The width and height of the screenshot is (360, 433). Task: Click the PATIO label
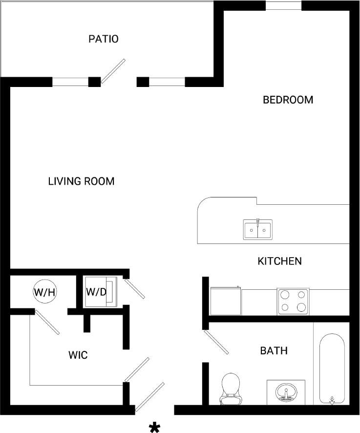click(103, 39)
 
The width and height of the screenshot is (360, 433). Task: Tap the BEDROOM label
click(288, 100)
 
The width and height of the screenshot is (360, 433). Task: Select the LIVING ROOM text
click(81, 181)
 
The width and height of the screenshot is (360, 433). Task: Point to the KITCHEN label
click(279, 261)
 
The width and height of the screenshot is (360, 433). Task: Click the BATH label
click(274, 350)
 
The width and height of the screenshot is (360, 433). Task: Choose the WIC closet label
click(78, 355)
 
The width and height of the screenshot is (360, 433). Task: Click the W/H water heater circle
click(45, 292)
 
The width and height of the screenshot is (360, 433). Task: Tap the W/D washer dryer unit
click(101, 292)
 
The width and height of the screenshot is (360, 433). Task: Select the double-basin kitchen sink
click(258, 229)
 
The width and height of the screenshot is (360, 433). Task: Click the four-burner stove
click(293, 301)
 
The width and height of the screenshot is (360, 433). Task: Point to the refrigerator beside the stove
click(225, 301)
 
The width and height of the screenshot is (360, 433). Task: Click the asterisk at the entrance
click(155, 428)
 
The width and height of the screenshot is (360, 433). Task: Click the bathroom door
click(216, 342)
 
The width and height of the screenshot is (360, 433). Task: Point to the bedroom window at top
click(283, 6)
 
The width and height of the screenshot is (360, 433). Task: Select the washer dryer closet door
click(134, 288)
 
